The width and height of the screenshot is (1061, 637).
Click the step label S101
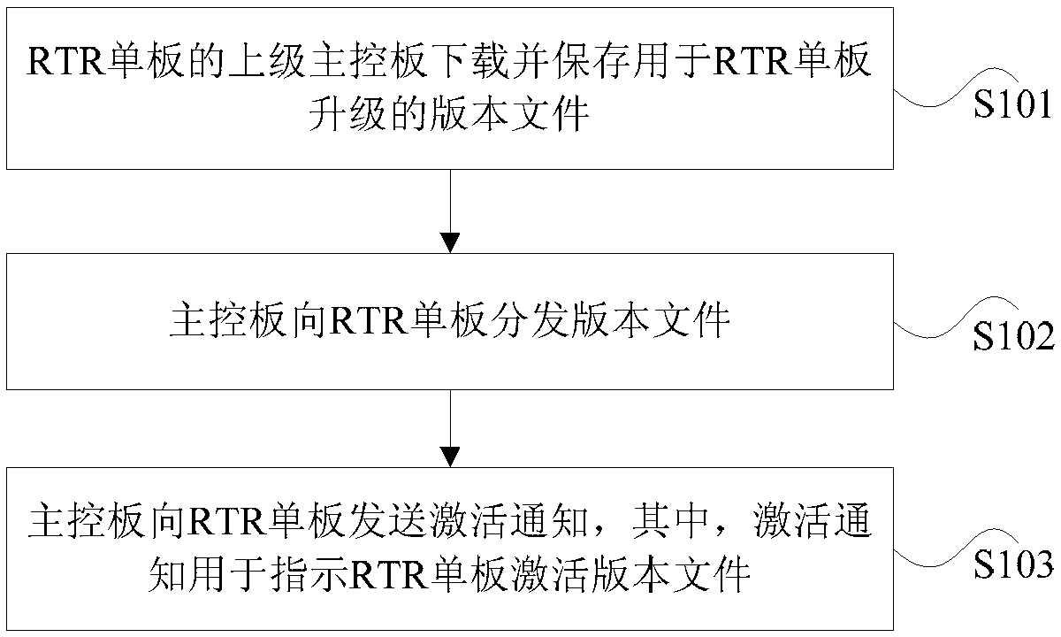tap(1012, 104)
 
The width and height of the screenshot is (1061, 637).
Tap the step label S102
tap(1013, 336)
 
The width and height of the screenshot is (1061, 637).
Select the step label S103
tap(1013, 564)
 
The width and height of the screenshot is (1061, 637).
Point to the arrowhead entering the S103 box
tap(450, 457)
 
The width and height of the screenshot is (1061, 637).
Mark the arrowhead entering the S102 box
tap(450, 243)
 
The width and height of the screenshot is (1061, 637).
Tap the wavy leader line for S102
tap(956, 318)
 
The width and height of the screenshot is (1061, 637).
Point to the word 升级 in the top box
tap(347, 113)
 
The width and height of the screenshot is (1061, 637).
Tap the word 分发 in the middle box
tap(530, 321)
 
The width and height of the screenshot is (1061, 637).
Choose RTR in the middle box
tap(369, 322)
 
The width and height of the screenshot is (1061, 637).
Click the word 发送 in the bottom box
tap(387, 522)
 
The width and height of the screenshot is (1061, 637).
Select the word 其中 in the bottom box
tap(670, 522)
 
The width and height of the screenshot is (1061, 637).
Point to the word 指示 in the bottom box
tap(309, 574)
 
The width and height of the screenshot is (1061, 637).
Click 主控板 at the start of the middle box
tap(229, 321)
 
